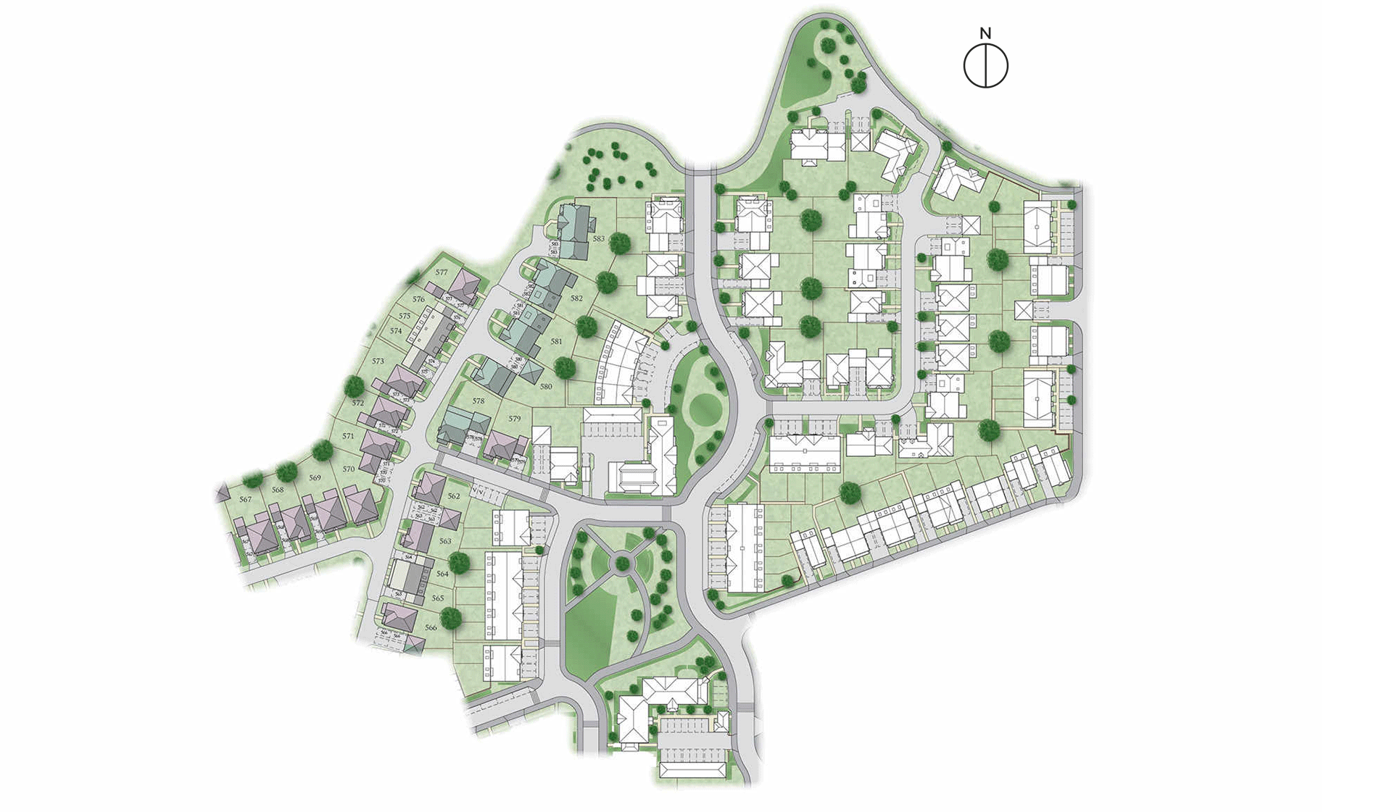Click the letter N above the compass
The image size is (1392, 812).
[985, 33]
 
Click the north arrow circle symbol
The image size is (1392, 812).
[985, 66]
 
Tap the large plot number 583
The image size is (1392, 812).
[598, 238]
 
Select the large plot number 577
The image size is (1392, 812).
[442, 273]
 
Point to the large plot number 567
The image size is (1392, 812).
[246, 500]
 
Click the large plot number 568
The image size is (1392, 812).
[278, 490]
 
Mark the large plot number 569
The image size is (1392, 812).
[315, 478]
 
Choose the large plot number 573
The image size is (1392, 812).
[378, 361]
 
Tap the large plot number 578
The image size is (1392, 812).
[478, 401]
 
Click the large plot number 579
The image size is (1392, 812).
[515, 419]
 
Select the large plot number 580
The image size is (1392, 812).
[546, 387]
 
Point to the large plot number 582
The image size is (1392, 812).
[576, 298]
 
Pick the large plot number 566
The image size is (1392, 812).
[431, 628]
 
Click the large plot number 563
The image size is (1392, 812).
[445, 542]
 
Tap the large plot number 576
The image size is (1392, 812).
[418, 299]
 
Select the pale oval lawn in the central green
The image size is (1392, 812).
[705, 409]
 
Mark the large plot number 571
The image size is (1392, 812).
[349, 437]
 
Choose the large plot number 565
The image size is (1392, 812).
[438, 599]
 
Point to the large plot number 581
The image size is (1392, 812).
[556, 342]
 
